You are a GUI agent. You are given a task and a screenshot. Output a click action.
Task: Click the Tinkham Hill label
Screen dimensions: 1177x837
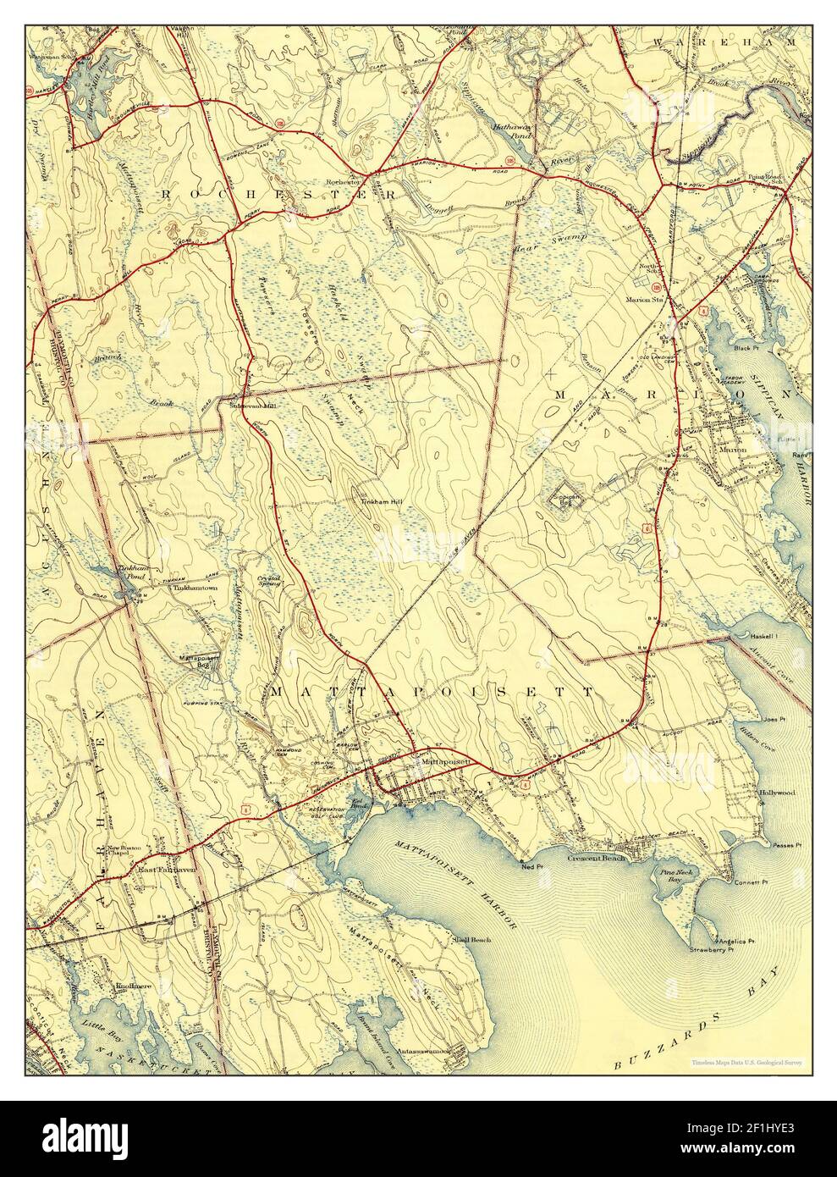(383, 502)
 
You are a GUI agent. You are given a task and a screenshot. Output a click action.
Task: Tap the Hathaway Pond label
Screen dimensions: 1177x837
(511, 130)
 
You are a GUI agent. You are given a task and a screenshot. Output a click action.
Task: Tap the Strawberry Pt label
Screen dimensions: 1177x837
(710, 950)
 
